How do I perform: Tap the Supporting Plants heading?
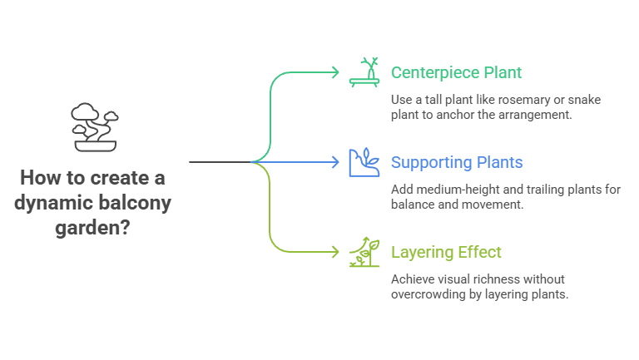coord(457,162)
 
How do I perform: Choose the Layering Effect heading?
coord(446,252)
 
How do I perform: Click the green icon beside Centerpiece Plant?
coord(365,72)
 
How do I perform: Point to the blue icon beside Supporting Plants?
coord(364,162)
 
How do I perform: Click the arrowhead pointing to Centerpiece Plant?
coord(335,72)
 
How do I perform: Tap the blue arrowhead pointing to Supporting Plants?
coord(335,162)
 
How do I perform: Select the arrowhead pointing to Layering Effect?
coord(335,252)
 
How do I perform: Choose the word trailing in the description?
coord(542,190)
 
